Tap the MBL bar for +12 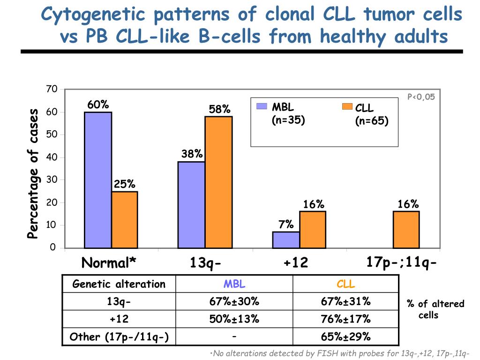[286, 240]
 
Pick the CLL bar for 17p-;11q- [406, 229]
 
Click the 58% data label [219, 109]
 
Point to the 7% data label [286, 225]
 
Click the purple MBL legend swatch [262, 106]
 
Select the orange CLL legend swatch [347, 106]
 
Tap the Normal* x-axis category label [109, 263]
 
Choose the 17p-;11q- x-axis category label [402, 262]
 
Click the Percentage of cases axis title [33, 173]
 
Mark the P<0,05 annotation [421, 97]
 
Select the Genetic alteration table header [119, 284]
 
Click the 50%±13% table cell [234, 319]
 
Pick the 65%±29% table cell [345, 337]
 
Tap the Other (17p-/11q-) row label [119, 337]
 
